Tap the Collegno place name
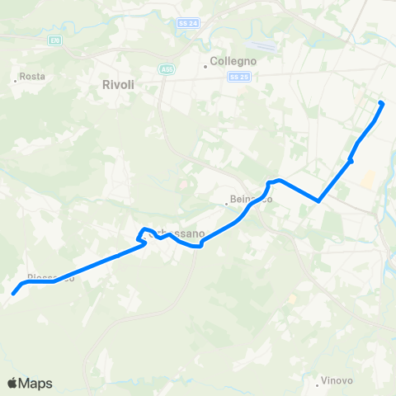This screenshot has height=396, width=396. click(233, 61)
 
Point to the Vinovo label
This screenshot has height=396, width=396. click(337, 380)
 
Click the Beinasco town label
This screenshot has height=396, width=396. click(251, 200)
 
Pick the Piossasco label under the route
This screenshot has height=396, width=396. click(50, 277)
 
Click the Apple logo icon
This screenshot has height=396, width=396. click(12, 383)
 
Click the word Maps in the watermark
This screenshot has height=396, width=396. click(35, 383)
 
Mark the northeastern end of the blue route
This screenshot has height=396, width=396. click(381, 103)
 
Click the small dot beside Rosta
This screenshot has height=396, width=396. click(16, 80)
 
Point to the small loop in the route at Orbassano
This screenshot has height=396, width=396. click(143, 235)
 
